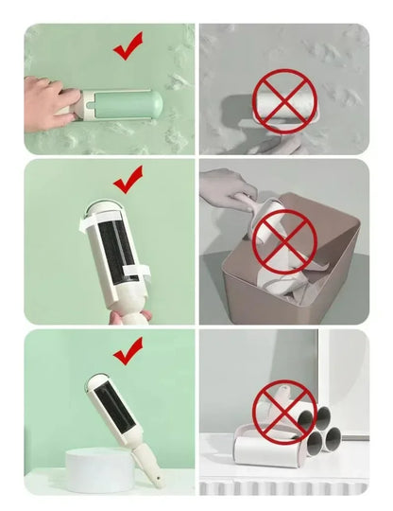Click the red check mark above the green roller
click(127, 45)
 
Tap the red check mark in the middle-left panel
click(127, 180)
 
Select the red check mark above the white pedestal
click(127, 353)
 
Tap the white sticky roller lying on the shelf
click(251, 449)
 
